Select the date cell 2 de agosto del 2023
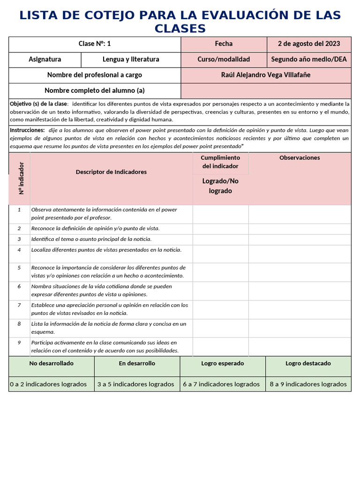[x=309, y=44]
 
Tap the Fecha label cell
[x=224, y=44]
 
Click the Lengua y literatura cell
[x=131, y=60]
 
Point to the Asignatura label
[x=45, y=60]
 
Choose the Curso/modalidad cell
[x=224, y=60]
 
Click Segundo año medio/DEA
[x=309, y=60]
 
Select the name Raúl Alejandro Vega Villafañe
[x=265, y=75]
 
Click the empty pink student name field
[x=265, y=90]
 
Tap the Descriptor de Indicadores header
[x=111, y=172]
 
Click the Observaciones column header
[x=300, y=158]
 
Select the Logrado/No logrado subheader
[x=220, y=186]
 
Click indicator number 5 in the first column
[x=19, y=268]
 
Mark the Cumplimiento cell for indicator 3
[x=220, y=239]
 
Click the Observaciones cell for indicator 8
[x=300, y=328]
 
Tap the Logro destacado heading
[x=308, y=363]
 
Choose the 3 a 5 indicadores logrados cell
[x=135, y=384]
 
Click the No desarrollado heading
[x=51, y=363]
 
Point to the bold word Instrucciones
[x=27, y=130]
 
